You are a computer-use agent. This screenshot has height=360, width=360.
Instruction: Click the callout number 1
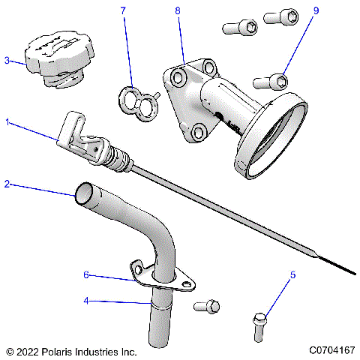8,121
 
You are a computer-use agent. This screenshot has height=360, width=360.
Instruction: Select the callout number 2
7,183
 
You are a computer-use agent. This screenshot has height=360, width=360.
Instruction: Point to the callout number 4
86,301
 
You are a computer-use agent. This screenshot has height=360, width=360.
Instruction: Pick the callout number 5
292,275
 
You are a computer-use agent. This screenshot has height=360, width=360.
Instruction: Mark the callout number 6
86,275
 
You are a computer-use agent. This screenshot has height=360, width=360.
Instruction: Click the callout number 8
177,11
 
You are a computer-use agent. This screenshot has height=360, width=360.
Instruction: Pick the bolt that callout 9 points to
272,79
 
